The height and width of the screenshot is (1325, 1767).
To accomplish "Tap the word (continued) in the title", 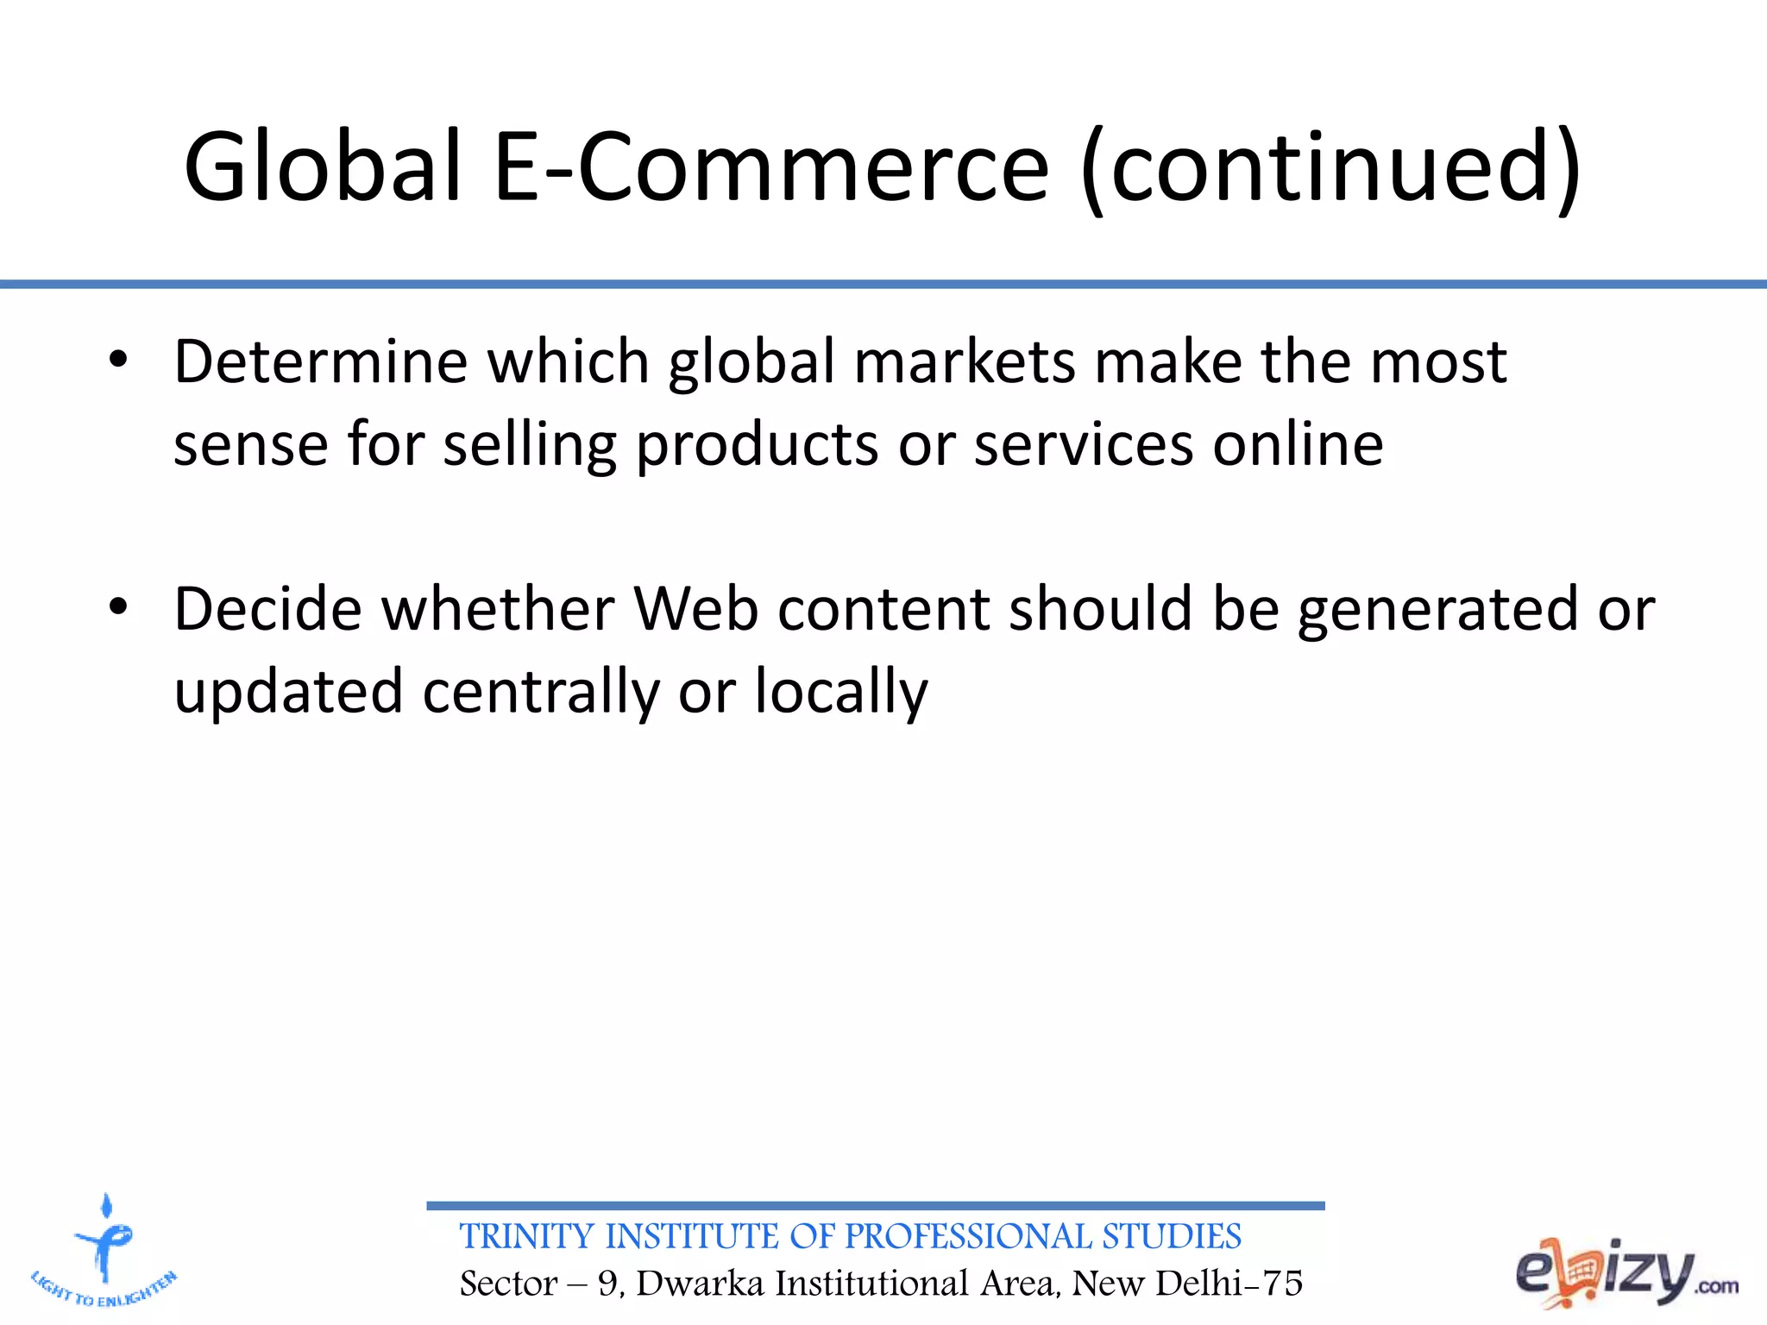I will (x=1330, y=168).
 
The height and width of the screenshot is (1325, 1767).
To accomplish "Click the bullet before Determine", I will (x=118, y=360).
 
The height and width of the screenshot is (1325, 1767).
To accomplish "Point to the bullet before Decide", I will (x=118, y=607).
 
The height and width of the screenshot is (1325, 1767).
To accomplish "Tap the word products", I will (x=757, y=445).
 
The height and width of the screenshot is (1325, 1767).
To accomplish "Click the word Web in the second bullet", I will (x=695, y=608).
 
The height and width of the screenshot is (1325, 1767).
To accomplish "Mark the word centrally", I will (x=540, y=693).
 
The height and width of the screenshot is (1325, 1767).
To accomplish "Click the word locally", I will (x=841, y=693).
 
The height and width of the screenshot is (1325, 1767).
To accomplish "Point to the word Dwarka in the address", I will (x=701, y=1284).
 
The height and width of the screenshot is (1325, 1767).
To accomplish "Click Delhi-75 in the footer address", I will (x=1229, y=1284).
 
